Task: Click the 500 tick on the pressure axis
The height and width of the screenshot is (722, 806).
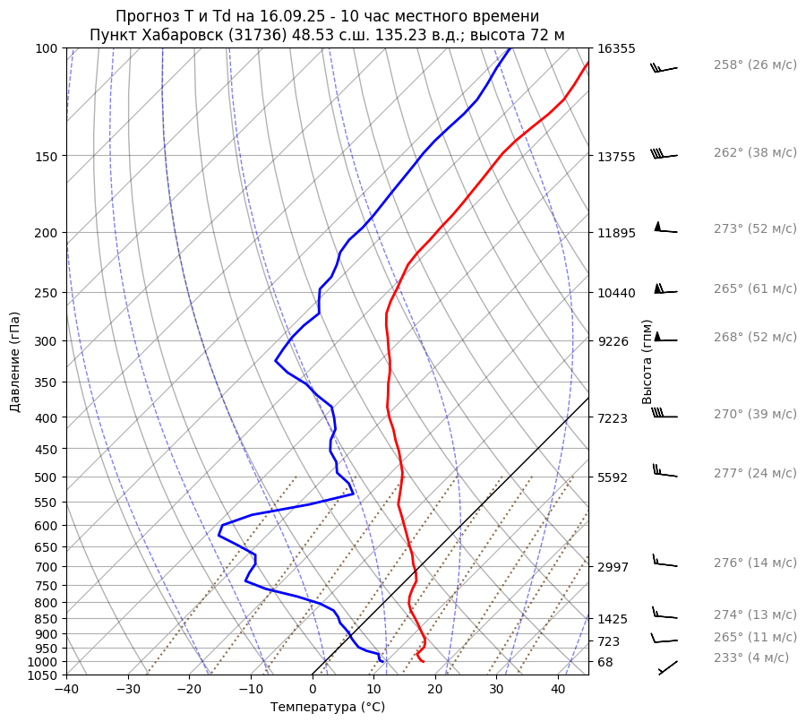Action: (50, 477)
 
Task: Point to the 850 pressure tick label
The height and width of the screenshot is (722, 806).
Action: (50, 619)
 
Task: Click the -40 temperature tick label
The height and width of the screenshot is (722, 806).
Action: (66, 690)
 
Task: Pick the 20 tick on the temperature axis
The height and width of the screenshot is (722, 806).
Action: (435, 690)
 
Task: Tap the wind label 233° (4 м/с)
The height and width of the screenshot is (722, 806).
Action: (750, 658)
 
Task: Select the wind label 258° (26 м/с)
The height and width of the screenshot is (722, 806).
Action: (754, 64)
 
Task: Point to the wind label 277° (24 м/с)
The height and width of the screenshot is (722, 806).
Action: (754, 473)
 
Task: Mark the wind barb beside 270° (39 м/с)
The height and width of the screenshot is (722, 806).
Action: (665, 415)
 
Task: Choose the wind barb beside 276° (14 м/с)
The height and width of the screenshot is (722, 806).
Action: (665, 563)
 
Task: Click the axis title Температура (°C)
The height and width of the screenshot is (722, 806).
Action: (328, 708)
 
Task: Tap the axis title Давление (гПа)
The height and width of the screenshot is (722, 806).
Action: (15, 362)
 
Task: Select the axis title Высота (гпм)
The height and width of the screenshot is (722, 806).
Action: (647, 362)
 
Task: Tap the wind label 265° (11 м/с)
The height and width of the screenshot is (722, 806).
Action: (754, 637)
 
